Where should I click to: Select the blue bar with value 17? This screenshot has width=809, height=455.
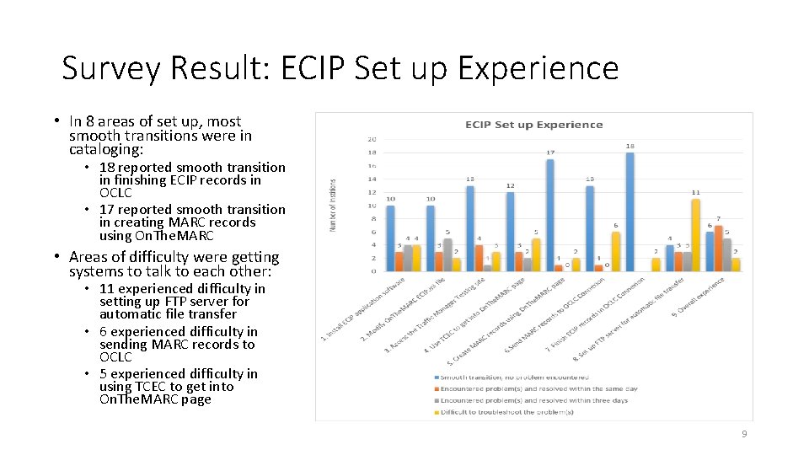[549, 216]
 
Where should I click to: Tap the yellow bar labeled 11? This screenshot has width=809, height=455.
[695, 235]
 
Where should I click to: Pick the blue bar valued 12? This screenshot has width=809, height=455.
[510, 232]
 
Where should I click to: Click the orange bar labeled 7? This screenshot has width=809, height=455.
[718, 249]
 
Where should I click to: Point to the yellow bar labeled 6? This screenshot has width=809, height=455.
[615, 251]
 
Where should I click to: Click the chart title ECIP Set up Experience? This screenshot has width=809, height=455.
[534, 125]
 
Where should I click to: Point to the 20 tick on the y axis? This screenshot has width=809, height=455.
[372, 139]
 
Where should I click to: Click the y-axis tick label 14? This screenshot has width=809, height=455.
[372, 179]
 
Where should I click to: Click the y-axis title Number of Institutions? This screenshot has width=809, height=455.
[333, 205]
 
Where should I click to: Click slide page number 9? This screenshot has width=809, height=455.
[744, 434]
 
